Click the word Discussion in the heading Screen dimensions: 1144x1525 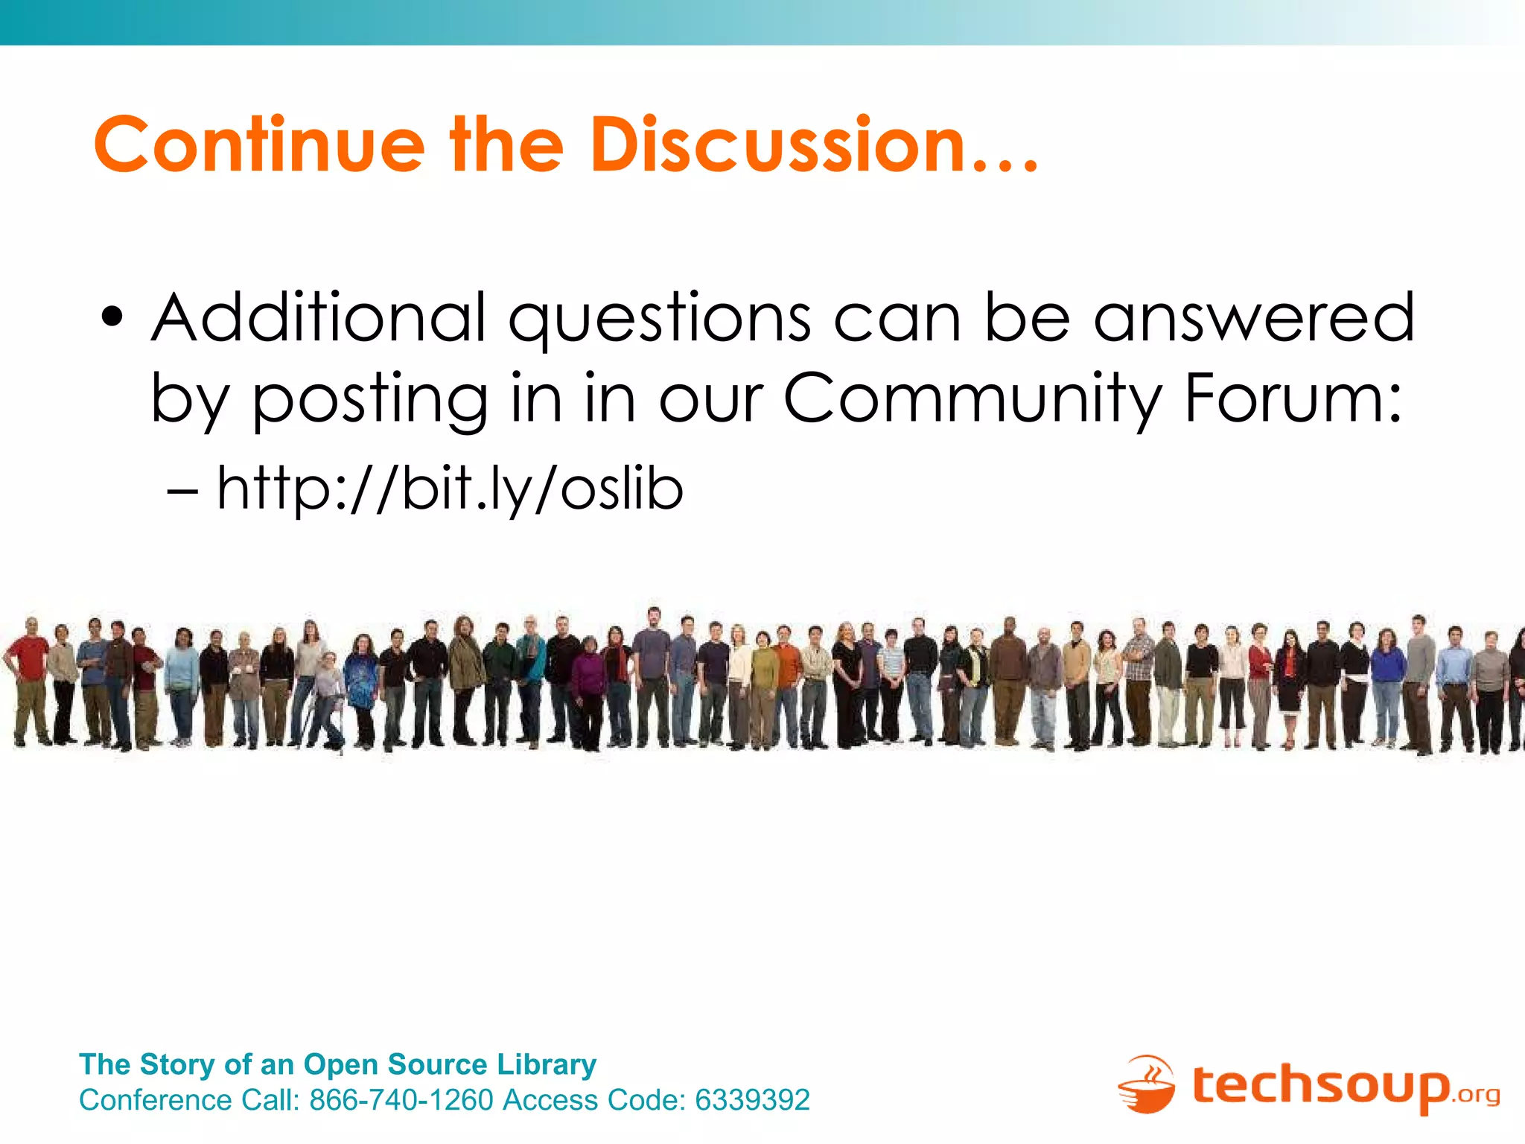click(777, 144)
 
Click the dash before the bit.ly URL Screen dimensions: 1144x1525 click(182, 492)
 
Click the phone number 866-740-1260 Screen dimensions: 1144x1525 click(401, 1100)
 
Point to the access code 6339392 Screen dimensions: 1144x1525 click(752, 1100)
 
